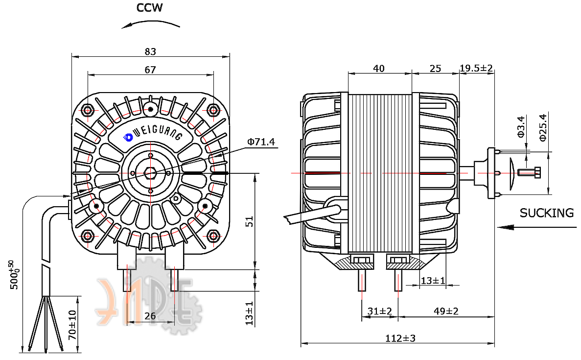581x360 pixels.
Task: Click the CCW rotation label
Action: (x=149, y=8)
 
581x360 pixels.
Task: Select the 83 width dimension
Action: (x=150, y=51)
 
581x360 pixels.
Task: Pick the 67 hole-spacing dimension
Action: (x=150, y=70)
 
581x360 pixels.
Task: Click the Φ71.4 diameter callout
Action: (x=261, y=142)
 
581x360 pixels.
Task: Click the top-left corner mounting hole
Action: (x=88, y=110)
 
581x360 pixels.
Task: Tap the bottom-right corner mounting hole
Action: (x=213, y=235)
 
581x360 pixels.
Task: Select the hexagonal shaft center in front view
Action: (x=150, y=173)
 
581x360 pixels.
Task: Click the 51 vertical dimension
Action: (x=250, y=221)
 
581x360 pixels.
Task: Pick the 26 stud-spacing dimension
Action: (x=150, y=316)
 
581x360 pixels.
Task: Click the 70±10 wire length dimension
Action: (x=72, y=325)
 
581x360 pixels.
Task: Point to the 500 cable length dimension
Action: (x=13, y=275)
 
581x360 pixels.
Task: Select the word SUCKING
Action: (x=547, y=213)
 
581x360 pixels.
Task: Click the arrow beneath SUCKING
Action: (x=536, y=227)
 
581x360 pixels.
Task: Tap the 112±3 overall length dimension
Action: (x=400, y=338)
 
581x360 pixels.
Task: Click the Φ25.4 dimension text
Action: (x=543, y=127)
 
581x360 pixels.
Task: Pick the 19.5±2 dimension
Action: (x=476, y=68)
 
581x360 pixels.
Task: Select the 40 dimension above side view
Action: (x=379, y=69)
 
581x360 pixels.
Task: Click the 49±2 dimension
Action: (x=446, y=311)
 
